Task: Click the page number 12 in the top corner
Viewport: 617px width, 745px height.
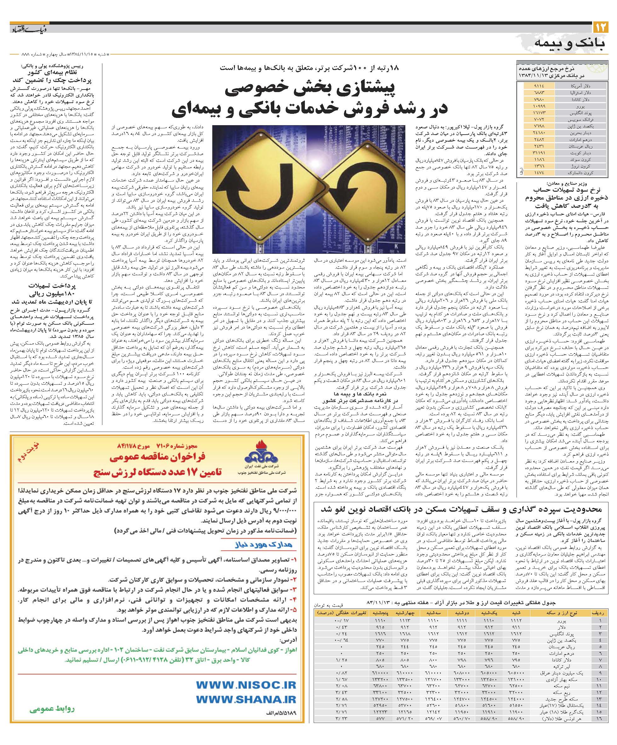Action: (600, 27)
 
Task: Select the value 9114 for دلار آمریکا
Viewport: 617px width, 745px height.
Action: (538, 86)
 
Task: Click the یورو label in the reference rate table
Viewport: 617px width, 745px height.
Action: (585, 106)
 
